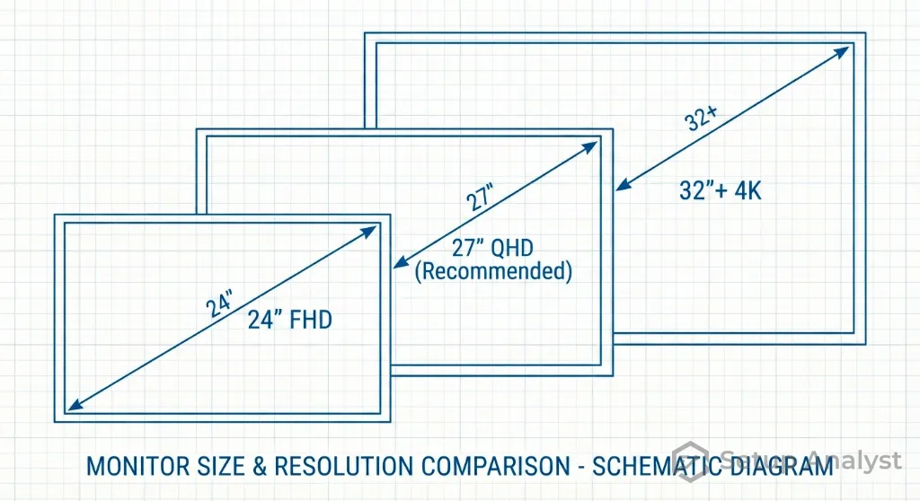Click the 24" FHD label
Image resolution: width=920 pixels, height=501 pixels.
tap(289, 319)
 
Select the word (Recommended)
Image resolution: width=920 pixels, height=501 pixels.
tap(492, 271)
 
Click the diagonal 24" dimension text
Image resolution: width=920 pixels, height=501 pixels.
tap(219, 304)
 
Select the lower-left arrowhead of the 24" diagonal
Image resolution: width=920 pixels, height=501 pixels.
tap(71, 407)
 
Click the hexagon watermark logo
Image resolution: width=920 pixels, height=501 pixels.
tap(691, 460)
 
